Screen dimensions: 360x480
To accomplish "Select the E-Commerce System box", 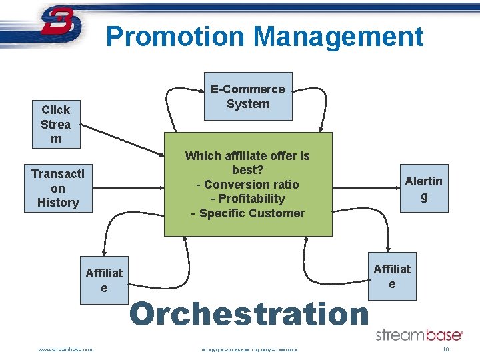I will pyautogui.click(x=247, y=97).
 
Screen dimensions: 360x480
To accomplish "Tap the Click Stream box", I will pyautogui.click(x=56, y=124).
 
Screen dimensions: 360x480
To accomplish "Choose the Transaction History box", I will pyautogui.click(x=58, y=188).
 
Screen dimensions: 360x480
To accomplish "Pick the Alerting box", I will pyautogui.click(x=423, y=188).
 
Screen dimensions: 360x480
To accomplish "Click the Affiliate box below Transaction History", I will pyautogui.click(x=104, y=280).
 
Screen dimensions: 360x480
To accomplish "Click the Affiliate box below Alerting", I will pyautogui.click(x=392, y=276).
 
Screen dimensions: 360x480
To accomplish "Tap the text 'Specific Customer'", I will pyautogui.click(x=251, y=213).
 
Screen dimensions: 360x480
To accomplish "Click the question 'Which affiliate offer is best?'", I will pyautogui.click(x=247, y=163).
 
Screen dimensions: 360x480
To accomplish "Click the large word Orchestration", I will pyautogui.click(x=249, y=314).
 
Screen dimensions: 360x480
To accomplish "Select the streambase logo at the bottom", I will pyautogui.click(x=419, y=335).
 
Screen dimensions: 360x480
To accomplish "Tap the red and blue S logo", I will pyautogui.click(x=60, y=25).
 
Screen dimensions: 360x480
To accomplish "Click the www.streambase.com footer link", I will pyautogui.click(x=66, y=349).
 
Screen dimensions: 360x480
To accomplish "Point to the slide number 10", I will pyautogui.click(x=445, y=349).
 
